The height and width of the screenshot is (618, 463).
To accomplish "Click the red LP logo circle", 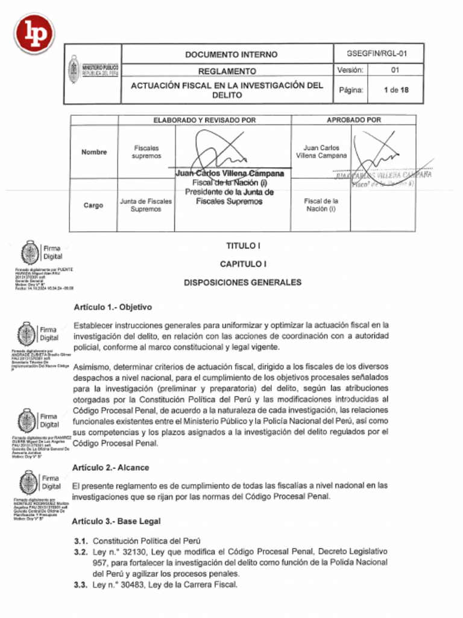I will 34,33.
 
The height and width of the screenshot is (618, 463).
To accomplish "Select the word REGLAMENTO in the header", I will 227,71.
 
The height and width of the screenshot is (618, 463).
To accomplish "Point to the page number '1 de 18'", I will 395,90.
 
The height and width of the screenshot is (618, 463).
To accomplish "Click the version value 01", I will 395,70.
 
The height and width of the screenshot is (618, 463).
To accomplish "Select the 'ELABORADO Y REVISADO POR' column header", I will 204,120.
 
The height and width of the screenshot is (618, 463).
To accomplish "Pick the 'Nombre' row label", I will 94,152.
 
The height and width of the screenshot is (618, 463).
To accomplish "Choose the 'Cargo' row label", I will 93,205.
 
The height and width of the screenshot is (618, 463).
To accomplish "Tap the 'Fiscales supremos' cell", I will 146,151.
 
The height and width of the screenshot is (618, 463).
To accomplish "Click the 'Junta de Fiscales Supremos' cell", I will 146,205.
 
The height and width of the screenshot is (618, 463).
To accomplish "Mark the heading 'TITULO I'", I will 243,246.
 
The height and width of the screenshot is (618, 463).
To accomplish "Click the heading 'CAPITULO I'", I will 243,264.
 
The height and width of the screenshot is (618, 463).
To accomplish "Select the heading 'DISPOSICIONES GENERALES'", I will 243,282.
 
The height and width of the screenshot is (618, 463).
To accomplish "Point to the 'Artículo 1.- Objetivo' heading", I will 113,307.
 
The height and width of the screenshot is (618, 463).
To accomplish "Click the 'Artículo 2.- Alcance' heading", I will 111,468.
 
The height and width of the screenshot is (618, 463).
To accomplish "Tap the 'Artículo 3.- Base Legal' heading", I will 116,521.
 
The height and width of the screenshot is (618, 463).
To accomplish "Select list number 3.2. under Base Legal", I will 81,552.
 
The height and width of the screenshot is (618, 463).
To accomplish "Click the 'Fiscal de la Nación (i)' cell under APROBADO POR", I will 321,205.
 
